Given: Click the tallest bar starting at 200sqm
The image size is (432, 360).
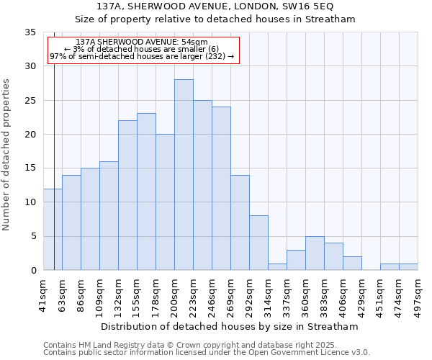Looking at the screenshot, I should pos(184,175).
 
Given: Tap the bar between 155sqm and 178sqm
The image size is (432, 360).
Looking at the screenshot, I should pos(146,192).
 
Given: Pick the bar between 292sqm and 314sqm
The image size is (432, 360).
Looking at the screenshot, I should pos(258,243).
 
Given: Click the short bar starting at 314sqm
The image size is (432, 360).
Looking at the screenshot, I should pos(277,267).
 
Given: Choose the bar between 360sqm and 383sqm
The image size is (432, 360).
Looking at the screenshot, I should pos(315,253).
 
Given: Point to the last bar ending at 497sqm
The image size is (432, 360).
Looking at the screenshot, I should pos(408,267).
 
